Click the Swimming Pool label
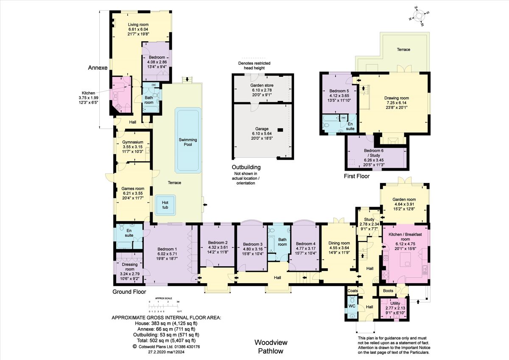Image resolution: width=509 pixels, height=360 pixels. (188, 142)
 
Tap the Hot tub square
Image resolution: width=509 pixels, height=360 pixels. (165, 205)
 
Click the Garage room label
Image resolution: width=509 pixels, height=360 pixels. (262, 129)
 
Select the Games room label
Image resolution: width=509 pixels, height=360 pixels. (133, 188)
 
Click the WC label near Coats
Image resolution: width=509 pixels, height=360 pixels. (352, 306)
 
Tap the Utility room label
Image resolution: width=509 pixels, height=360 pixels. (395, 304)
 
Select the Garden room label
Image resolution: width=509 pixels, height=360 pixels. (404, 199)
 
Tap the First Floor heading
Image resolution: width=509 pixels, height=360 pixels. (357, 176)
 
